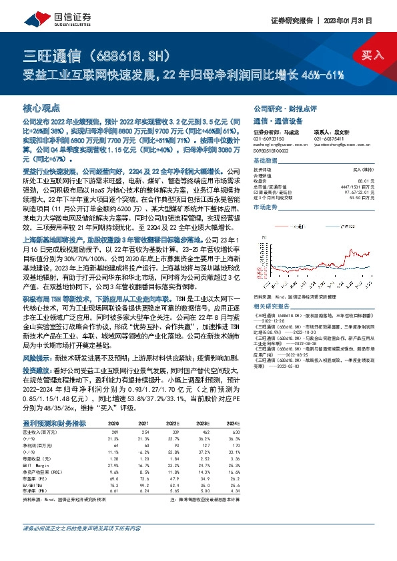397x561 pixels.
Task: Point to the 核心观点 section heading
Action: pos(42,107)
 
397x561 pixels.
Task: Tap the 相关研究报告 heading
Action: pos(274,304)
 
